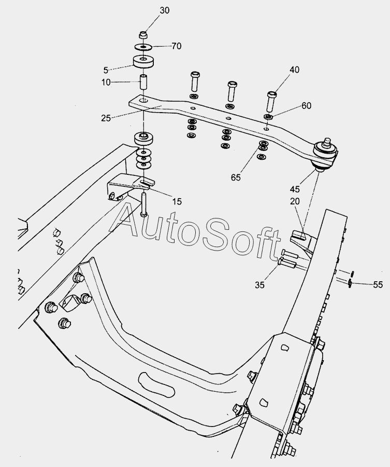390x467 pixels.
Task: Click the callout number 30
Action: click(x=164, y=10)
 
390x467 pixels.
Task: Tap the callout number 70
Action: click(x=176, y=46)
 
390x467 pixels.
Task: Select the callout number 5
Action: click(x=106, y=70)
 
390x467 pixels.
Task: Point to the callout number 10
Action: click(x=106, y=82)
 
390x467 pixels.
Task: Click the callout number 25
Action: click(x=106, y=118)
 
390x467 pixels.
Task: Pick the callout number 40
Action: click(x=294, y=70)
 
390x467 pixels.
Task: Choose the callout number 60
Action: click(x=306, y=106)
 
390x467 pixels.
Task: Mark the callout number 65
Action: click(x=236, y=177)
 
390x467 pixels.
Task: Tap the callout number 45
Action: click(x=295, y=189)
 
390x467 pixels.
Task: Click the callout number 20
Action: click(x=295, y=201)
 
